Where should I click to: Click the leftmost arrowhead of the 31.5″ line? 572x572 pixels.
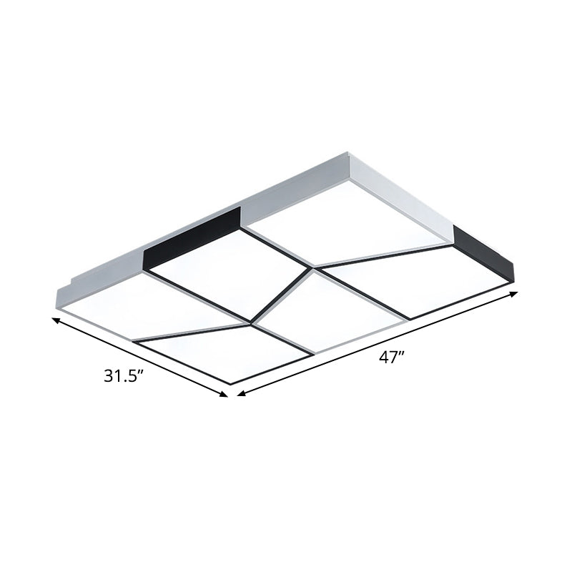point(55,320)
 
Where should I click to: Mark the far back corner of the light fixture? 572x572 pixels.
point(350,153)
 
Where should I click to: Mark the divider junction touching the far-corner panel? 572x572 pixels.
point(312,269)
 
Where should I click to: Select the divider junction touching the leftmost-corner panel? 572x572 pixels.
point(251,323)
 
